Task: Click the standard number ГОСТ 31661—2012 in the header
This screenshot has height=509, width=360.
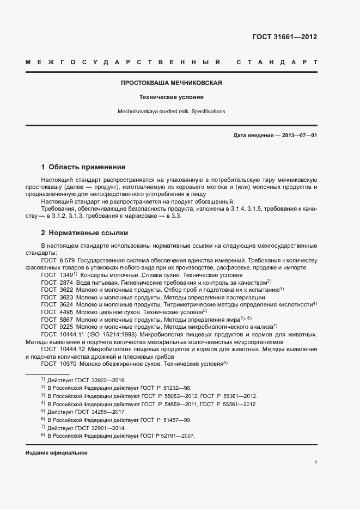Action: point(284,37)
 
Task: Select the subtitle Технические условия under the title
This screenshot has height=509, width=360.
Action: point(171,97)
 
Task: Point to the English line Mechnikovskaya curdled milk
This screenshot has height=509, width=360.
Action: point(171,111)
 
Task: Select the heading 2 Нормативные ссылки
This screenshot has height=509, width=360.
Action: point(84,233)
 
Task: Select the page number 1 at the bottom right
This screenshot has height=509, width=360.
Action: point(315,462)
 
